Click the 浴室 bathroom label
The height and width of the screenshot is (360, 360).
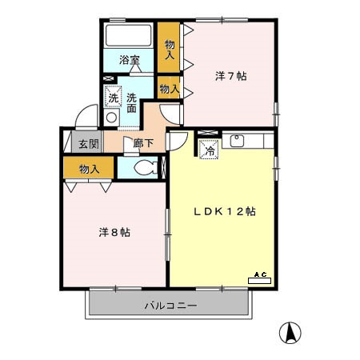pyautogui.click(x=130, y=60)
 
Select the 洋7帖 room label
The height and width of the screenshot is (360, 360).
pyautogui.click(x=230, y=77)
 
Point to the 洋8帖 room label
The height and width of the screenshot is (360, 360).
pyautogui.click(x=114, y=232)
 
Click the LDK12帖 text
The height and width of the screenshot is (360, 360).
pyautogui.click(x=226, y=212)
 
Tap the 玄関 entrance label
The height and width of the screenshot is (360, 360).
pyautogui.click(x=88, y=144)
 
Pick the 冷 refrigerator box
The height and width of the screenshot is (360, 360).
pyautogui.click(x=209, y=148)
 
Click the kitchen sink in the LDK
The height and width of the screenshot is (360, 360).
pyautogui.click(x=238, y=142)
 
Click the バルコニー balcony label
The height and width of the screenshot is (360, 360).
pyautogui.click(x=170, y=306)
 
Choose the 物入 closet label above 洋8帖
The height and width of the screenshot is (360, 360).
pyautogui.click(x=90, y=169)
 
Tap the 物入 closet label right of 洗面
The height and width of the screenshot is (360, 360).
pyautogui.click(x=169, y=89)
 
